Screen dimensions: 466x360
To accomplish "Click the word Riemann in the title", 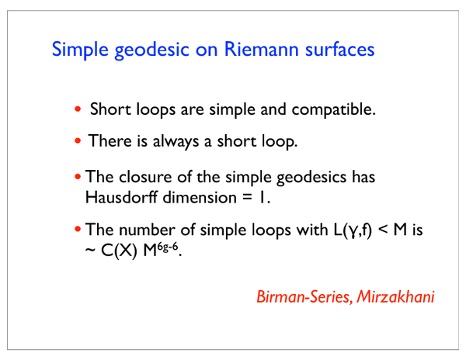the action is (x=261, y=49).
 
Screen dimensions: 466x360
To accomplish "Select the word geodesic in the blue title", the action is (x=151, y=50).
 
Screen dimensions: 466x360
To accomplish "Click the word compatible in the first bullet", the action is (x=333, y=109).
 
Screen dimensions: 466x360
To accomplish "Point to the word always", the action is (x=176, y=141).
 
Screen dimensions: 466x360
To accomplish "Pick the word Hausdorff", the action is (x=121, y=197).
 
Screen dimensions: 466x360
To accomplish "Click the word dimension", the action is (x=200, y=197).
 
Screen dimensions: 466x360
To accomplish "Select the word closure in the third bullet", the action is (x=145, y=177).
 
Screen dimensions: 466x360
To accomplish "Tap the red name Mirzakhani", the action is (x=395, y=296).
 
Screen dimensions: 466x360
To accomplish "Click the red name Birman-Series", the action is (x=304, y=296).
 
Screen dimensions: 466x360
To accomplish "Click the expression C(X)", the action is (x=119, y=251).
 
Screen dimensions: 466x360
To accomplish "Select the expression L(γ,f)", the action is (x=353, y=230).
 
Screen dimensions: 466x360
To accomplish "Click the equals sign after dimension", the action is (x=247, y=198).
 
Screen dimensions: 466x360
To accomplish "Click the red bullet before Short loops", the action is (x=78, y=109).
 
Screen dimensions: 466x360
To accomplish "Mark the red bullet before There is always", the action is (x=78, y=140).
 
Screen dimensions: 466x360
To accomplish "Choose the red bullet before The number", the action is (x=78, y=229).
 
